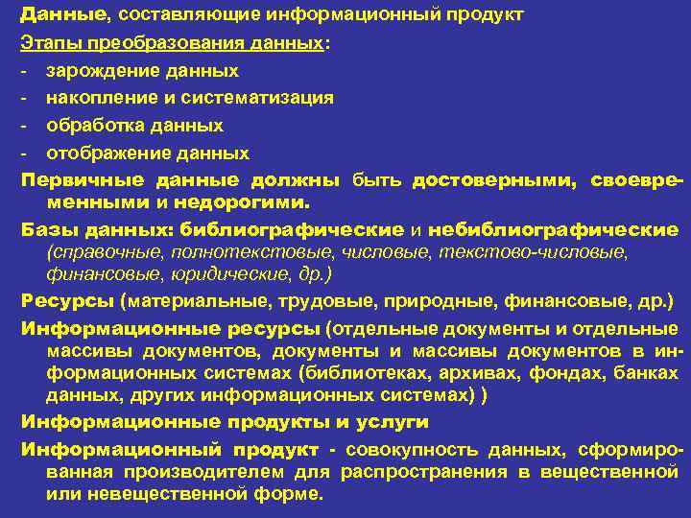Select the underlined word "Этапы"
[46, 44]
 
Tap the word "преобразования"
[155, 44]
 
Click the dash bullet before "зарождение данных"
[24, 71]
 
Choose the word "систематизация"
[253, 98]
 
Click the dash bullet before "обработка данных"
[24, 126]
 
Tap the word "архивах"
[467, 372]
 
